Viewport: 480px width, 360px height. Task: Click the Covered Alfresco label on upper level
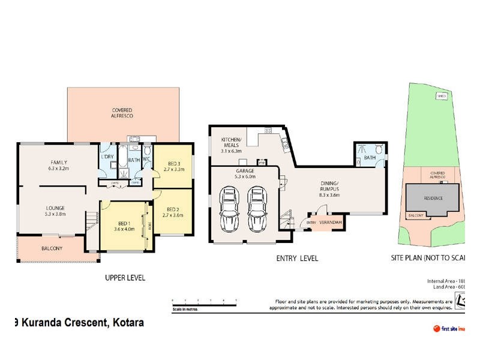coord(122,112)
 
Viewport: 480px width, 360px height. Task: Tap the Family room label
coord(58,166)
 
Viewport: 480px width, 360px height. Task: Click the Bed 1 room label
coord(122,226)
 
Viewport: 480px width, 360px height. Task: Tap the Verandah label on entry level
coord(331,223)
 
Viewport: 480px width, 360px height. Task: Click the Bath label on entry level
coord(370,158)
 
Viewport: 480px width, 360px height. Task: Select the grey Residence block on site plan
coord(434,197)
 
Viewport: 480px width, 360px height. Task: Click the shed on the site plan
coord(442,95)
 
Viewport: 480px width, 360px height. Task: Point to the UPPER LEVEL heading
coord(125,278)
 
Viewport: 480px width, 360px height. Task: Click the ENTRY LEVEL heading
coord(296,259)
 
